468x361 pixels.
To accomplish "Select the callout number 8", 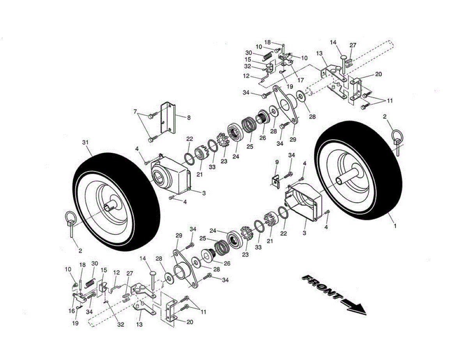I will (189, 117).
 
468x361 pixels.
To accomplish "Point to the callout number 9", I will (276, 161).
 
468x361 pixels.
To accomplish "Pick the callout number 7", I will (135, 112).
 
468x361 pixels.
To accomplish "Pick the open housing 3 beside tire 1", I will (306, 203).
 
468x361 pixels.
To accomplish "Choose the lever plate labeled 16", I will (80, 299).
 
